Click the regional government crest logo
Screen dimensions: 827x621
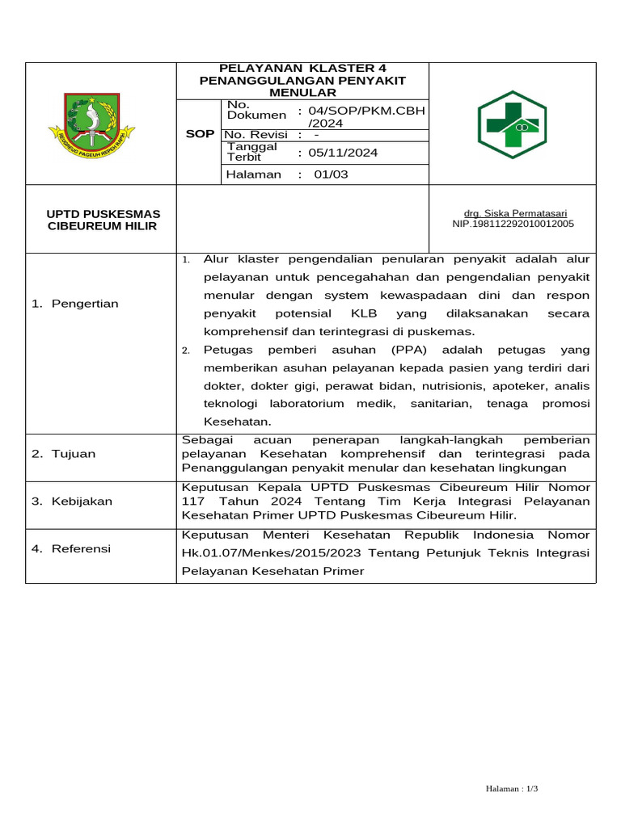[91, 126]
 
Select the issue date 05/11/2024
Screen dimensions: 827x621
[340, 153]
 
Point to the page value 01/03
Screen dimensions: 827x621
[331, 174]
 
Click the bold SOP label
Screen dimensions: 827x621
[200, 133]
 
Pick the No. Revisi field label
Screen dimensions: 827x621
[256, 134]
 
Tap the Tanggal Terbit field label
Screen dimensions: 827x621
[252, 152]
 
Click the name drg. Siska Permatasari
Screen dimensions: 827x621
[513, 214]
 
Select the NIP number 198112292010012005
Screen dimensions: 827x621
[513, 224]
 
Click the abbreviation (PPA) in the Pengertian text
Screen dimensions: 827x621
[411, 350]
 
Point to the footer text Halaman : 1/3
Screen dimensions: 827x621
[512, 788]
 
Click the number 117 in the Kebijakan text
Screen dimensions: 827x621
[194, 502]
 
